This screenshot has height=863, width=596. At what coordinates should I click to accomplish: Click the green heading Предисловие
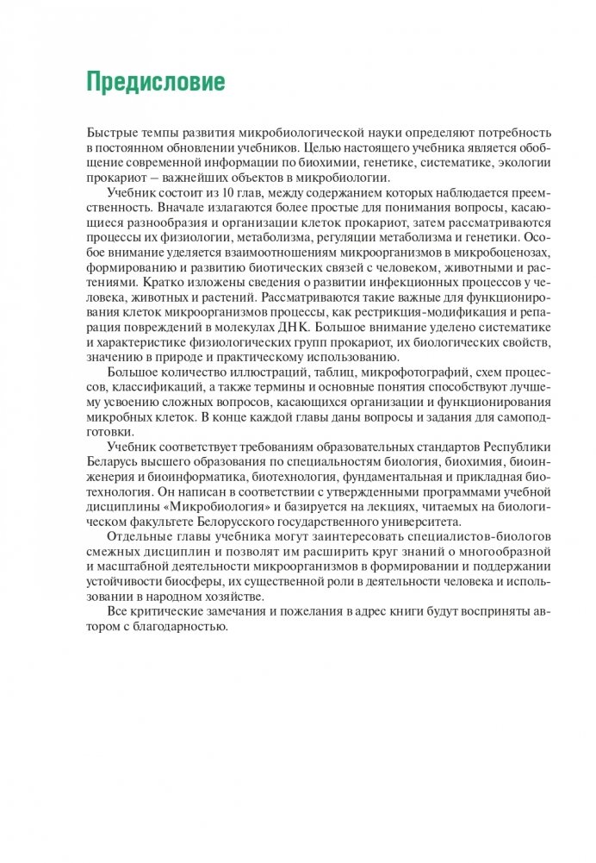coord(156,82)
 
